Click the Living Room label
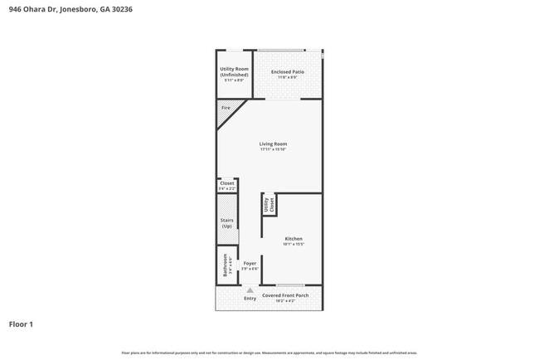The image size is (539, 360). pos(273,144)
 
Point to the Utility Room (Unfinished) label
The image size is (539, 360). pos(234,71)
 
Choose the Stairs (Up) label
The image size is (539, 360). pos(226,222)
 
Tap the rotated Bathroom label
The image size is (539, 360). pos(225,265)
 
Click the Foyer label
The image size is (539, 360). pos(250,263)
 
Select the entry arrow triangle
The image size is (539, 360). pos(250,289)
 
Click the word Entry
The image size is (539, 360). pos(250,298)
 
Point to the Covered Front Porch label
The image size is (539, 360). pos(285,295)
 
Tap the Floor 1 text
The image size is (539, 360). pos(22,324)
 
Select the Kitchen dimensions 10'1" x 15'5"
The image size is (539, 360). pos(294,244)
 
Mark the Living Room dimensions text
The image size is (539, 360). pos(273,149)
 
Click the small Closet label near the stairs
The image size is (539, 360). pos(226,183)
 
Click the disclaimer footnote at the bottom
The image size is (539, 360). pos(269,353)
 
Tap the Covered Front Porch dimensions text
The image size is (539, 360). pos(285,301)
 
